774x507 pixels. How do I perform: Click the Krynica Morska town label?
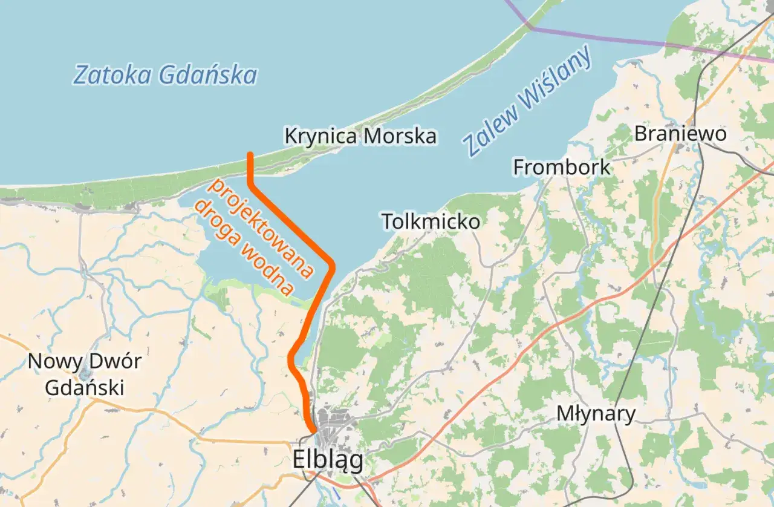tap(360, 136)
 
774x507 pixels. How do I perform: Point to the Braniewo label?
tap(680, 134)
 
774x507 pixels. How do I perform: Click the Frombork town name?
tap(562, 167)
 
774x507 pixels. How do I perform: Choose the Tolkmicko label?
tap(431, 221)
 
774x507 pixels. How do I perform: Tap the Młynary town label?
tap(596, 414)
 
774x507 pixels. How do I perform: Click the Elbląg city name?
tap(328, 460)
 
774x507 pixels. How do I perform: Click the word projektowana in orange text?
tap(261, 229)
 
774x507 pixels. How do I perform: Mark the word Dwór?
tap(115, 362)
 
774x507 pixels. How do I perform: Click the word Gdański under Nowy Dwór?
tap(85, 387)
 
